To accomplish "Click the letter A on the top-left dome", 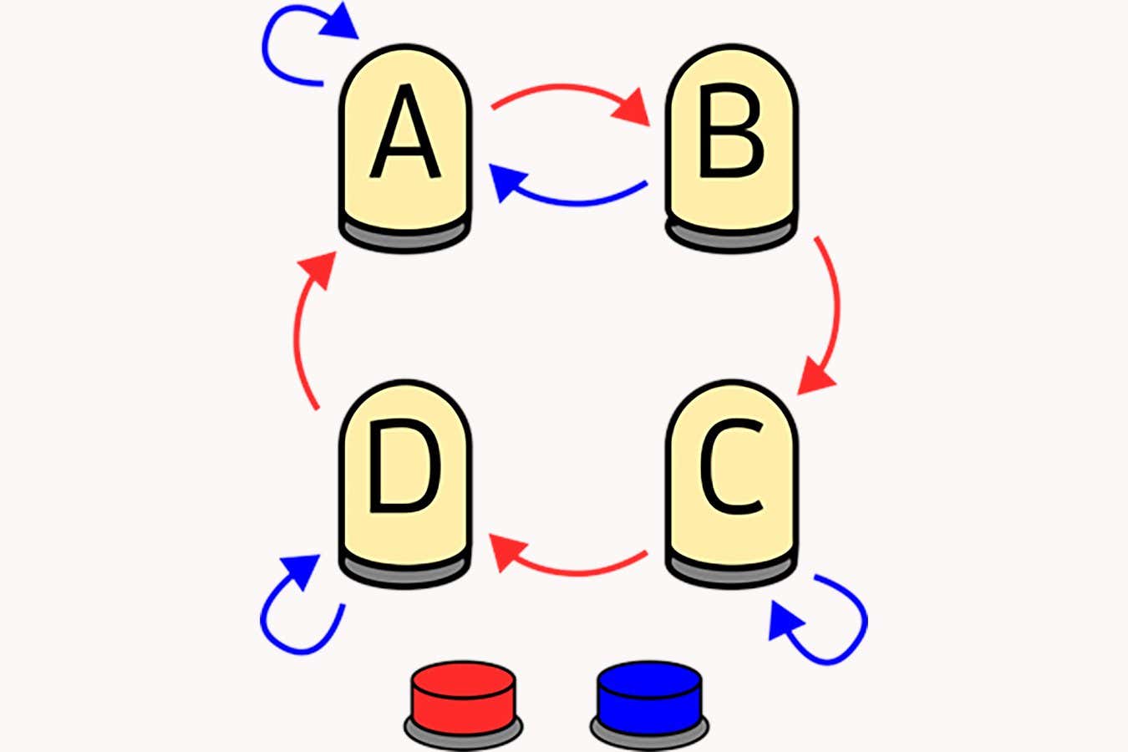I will click(405, 135).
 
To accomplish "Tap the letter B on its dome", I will click(731, 135).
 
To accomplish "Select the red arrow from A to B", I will click(568, 90).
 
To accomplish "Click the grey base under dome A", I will click(405, 240).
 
